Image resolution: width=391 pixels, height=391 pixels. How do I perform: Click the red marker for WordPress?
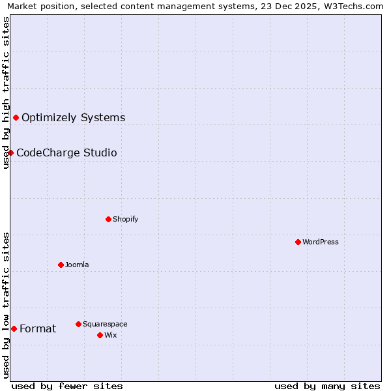[x=298, y=242]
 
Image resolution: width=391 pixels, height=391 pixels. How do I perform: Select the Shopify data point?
[x=108, y=219]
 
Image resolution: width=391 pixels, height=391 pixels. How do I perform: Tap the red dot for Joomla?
[x=61, y=265]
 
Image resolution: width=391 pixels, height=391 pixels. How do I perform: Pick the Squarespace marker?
[x=78, y=324]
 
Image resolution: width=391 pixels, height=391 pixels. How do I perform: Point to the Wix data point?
[x=100, y=335]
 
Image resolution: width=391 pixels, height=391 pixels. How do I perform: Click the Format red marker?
[x=14, y=328]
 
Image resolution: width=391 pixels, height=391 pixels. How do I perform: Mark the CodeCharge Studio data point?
[x=11, y=152]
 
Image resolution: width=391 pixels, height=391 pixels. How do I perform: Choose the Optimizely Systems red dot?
[x=16, y=117]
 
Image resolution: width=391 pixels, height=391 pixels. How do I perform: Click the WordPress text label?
[x=320, y=242]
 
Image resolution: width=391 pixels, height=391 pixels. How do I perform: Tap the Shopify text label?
[x=125, y=219]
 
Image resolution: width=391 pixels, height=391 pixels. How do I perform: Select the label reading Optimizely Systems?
[x=73, y=117]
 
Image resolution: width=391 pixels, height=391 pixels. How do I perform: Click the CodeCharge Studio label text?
[x=66, y=152]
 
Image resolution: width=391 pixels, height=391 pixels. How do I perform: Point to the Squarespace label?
[x=105, y=324]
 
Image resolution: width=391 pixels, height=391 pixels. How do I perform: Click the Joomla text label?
[x=77, y=265]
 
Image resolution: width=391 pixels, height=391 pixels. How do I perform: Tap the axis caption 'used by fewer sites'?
[x=67, y=386]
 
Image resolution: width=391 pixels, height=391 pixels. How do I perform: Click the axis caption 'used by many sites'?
[x=327, y=386]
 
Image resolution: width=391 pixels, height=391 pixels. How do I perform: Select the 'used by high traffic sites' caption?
[x=6, y=93]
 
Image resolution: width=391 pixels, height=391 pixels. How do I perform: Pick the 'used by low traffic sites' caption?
[x=6, y=304]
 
